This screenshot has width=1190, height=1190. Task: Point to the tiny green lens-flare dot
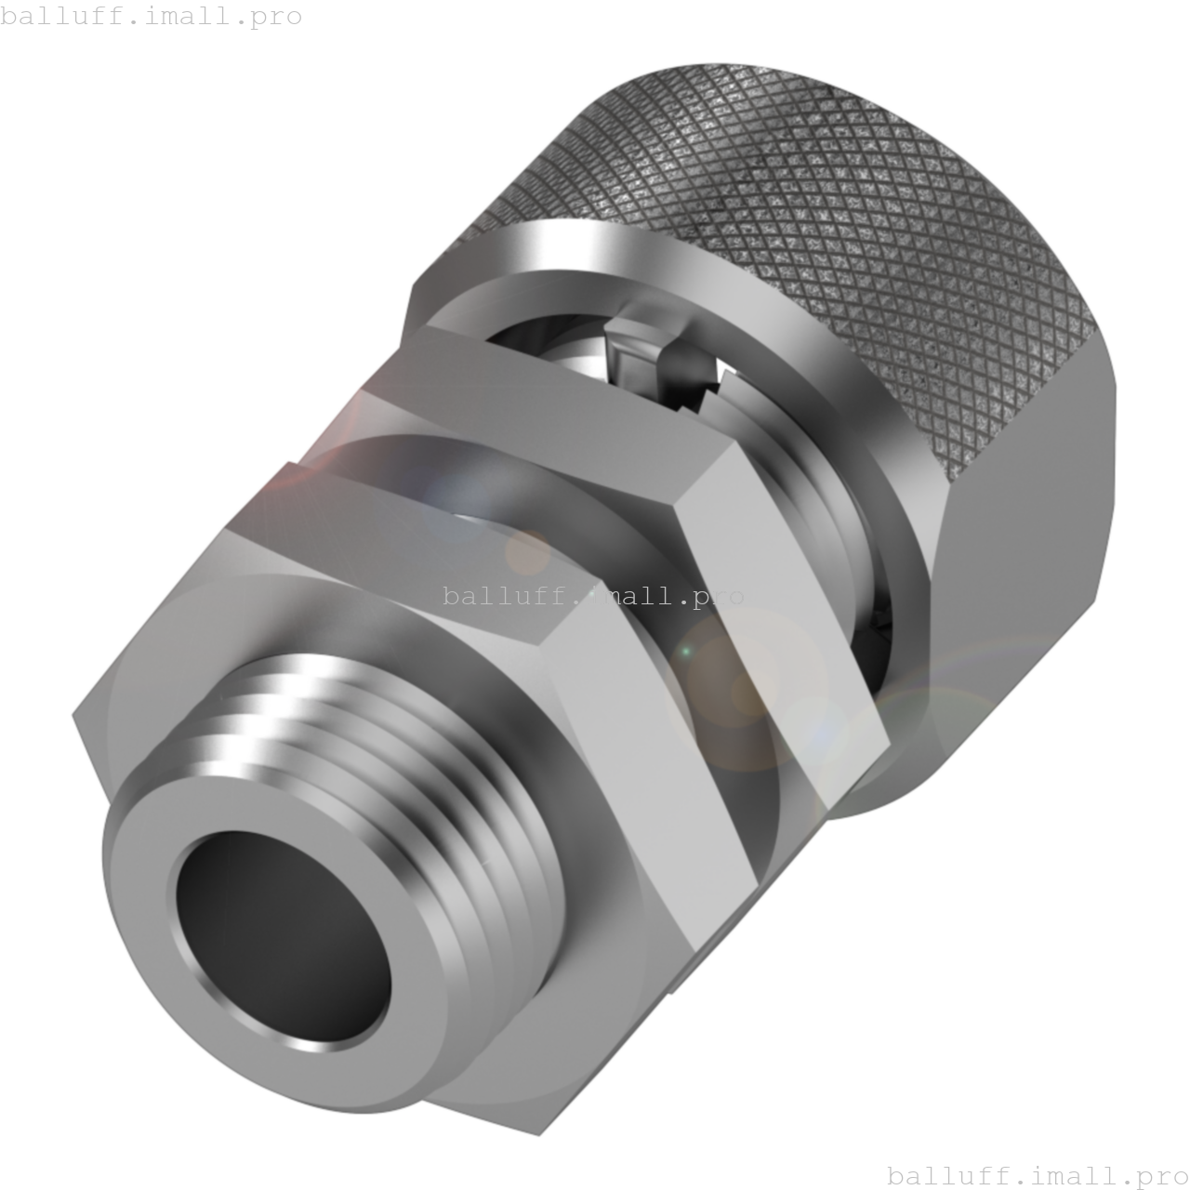(686, 652)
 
